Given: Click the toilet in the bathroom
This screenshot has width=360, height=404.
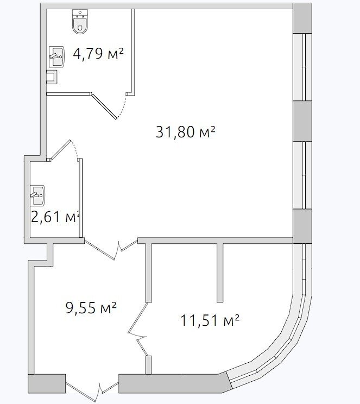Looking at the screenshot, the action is click(80, 22).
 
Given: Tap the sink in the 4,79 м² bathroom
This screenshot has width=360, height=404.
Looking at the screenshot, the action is click(56, 56).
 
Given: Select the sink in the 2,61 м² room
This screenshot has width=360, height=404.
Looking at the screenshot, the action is click(37, 195).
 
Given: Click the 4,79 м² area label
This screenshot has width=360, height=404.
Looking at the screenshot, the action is click(98, 54).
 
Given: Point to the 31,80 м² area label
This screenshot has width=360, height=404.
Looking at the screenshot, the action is click(185, 131).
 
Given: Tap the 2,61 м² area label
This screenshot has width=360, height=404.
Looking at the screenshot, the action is click(55, 217).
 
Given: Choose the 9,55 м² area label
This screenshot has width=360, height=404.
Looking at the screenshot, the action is click(91, 307).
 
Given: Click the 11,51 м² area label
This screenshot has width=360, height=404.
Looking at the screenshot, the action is click(210, 320).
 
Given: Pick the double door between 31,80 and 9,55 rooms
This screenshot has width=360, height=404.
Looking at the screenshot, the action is click(111, 249).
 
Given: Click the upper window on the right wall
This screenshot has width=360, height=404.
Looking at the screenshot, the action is click(303, 67).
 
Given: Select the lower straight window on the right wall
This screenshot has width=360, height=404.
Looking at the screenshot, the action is click(303, 175).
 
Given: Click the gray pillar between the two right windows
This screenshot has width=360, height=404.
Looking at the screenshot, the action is click(303, 121).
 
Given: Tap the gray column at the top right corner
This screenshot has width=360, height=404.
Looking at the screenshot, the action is click(303, 18).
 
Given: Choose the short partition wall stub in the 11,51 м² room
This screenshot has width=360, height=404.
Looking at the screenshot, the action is click(220, 273).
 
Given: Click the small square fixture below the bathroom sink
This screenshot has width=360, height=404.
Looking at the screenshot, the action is click(52, 77).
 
